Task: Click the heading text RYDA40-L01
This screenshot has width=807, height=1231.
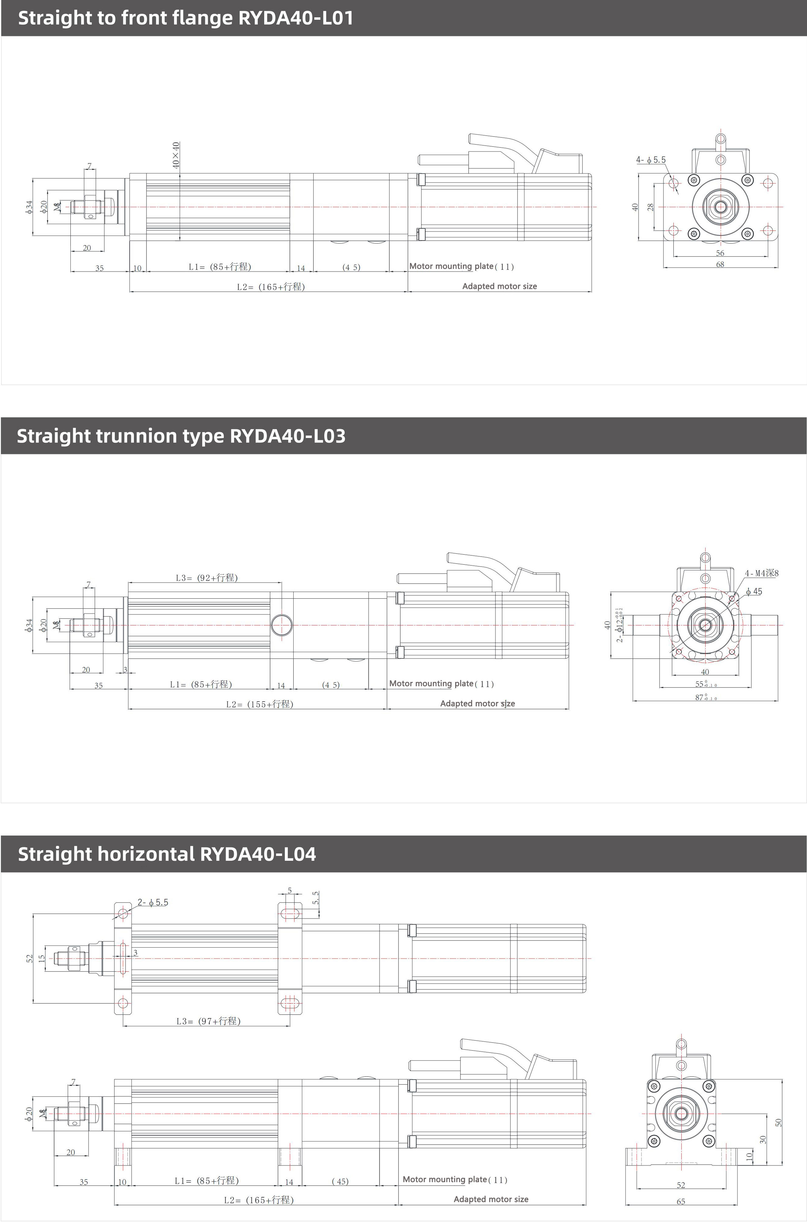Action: pyautogui.click(x=296, y=18)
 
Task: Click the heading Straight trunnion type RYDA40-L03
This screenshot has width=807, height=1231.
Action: pyautogui.click(x=181, y=436)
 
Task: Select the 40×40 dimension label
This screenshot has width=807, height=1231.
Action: pyautogui.click(x=176, y=155)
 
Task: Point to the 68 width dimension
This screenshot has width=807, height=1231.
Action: pyautogui.click(x=720, y=264)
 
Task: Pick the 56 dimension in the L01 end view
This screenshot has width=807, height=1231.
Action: pyautogui.click(x=720, y=253)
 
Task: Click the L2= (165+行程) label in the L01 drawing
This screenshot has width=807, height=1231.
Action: pyautogui.click(x=271, y=286)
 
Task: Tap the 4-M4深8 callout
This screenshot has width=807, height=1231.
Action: pyautogui.click(x=762, y=573)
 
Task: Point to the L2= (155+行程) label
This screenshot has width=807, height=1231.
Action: pyautogui.click(x=260, y=704)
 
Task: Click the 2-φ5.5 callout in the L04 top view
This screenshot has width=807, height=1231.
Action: pyautogui.click(x=153, y=903)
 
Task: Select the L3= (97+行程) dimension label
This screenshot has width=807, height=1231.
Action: pyautogui.click(x=208, y=1021)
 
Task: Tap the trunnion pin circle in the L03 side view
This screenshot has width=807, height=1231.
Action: pyautogui.click(x=281, y=625)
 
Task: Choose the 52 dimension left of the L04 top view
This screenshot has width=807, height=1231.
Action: pyautogui.click(x=29, y=958)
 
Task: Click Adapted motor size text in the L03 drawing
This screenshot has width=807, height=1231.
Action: pyautogui.click(x=477, y=703)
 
